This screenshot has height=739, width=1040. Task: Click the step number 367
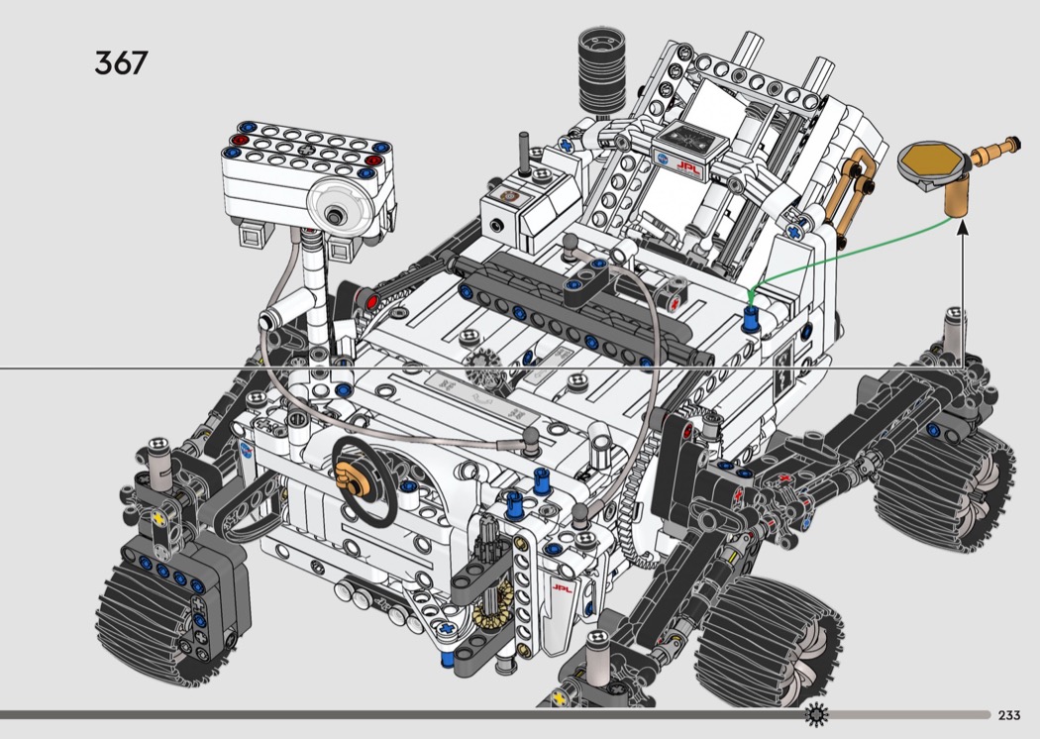121,63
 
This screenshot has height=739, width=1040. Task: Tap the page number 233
1009,715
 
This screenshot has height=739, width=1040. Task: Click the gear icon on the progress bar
816,714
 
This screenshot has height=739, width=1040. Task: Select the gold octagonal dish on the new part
931,160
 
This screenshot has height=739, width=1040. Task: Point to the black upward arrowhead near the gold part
962,230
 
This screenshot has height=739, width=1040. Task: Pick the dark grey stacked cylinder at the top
601,70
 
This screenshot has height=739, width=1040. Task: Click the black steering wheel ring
364,480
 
